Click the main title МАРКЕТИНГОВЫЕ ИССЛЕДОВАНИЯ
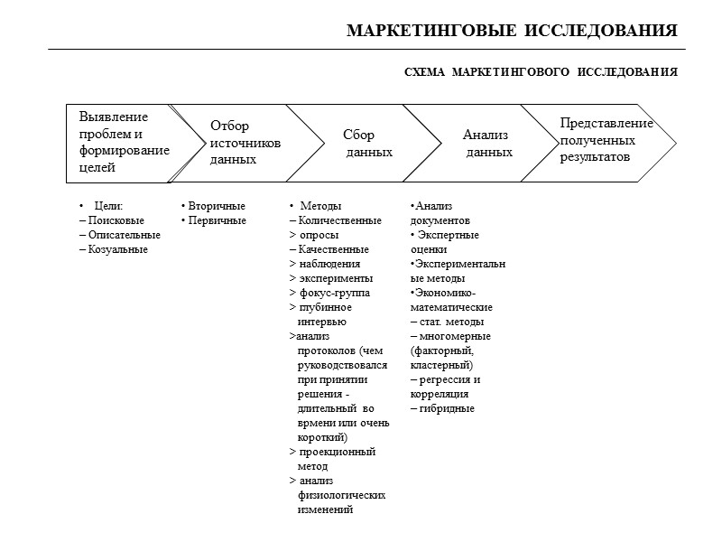click(512, 32)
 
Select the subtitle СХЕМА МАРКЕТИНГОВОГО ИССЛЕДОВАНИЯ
click(540, 72)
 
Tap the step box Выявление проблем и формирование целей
click(123, 143)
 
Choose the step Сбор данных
click(366, 143)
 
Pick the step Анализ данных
click(487, 143)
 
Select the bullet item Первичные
click(214, 220)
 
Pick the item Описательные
click(119, 235)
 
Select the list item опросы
click(318, 235)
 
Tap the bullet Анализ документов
click(440, 213)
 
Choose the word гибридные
click(446, 408)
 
